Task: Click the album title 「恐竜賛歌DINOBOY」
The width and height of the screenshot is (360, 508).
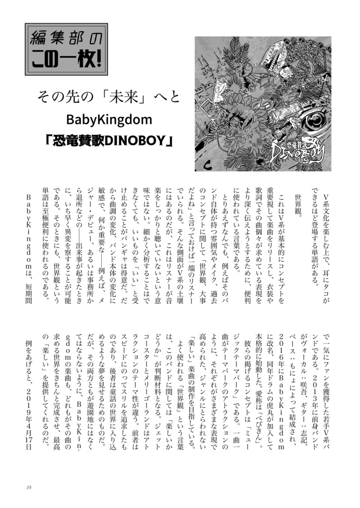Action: (109, 142)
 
